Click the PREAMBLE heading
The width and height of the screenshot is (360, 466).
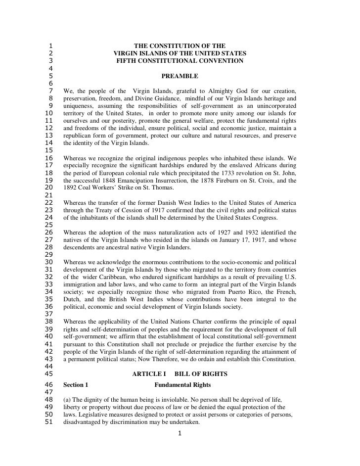coord(180,76)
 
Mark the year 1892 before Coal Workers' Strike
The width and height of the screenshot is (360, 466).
coord(71,188)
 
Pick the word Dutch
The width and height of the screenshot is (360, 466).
coord(73,299)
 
